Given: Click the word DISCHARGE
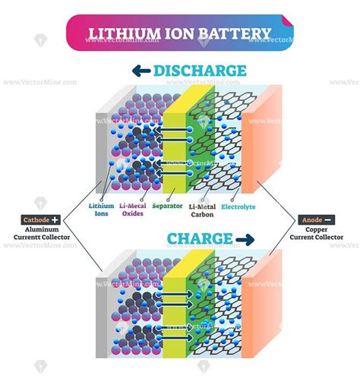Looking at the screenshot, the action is coord(200,71).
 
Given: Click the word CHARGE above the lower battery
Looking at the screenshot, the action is coord(200,238).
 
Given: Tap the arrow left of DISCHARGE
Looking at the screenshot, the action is coord(141,71).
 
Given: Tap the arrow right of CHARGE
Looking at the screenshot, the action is coord(245,239).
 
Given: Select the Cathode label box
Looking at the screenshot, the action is coord(41,219).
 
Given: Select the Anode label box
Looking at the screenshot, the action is coord(317,219).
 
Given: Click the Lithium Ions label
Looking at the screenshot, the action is coord(101,210).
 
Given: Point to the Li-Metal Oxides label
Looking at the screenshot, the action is coord(133,210).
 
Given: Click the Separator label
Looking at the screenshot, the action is coord(167,206).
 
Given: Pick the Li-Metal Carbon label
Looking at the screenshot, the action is coord(202,210).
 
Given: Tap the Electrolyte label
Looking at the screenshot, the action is coord(238,207).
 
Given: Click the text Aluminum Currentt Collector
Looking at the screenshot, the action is coord(42,233).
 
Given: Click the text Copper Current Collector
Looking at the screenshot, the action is coord(317,233).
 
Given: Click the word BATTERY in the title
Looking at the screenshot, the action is coord(235,33).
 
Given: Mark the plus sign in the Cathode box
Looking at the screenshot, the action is coord(55,219).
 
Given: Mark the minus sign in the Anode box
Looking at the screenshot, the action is coord(327,219).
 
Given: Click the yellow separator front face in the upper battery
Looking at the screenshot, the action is coord(175,153).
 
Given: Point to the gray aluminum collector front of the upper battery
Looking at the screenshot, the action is coord(102,153).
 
